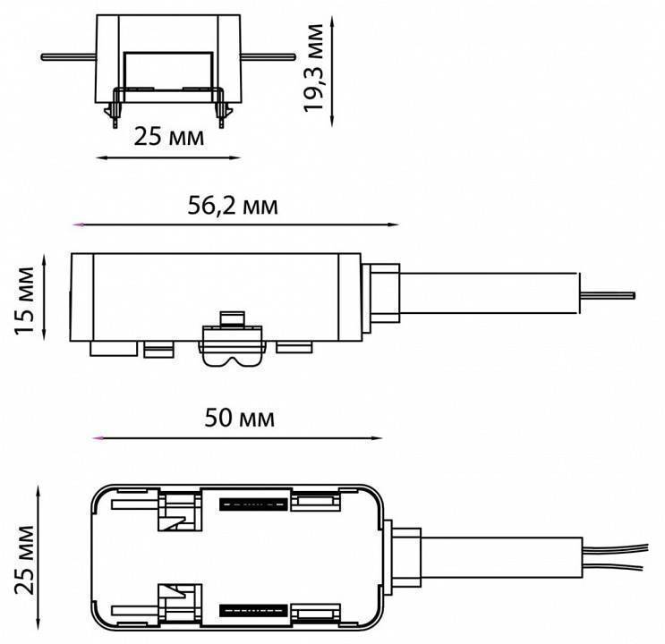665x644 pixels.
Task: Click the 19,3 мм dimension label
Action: coord(313,69)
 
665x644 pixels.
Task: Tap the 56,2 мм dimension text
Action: coord(233,206)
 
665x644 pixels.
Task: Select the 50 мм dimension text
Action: coord(240,418)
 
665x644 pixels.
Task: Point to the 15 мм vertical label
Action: coord(24,301)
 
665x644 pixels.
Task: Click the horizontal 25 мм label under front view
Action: coord(169,137)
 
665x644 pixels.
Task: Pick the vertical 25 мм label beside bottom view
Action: coord(24,560)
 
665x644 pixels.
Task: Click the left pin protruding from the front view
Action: coord(68,57)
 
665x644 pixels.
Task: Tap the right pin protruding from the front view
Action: coord(268,56)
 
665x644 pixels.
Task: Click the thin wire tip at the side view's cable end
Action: coord(608,295)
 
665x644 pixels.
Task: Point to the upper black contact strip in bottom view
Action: coord(253,504)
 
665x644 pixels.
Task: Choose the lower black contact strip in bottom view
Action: coord(253,611)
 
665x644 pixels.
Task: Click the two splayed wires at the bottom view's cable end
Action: coord(616,557)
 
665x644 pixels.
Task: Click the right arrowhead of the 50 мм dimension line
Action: coord(377,438)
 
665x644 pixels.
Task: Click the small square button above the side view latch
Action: coord(232,318)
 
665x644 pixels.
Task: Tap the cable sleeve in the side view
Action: coord(489,293)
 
